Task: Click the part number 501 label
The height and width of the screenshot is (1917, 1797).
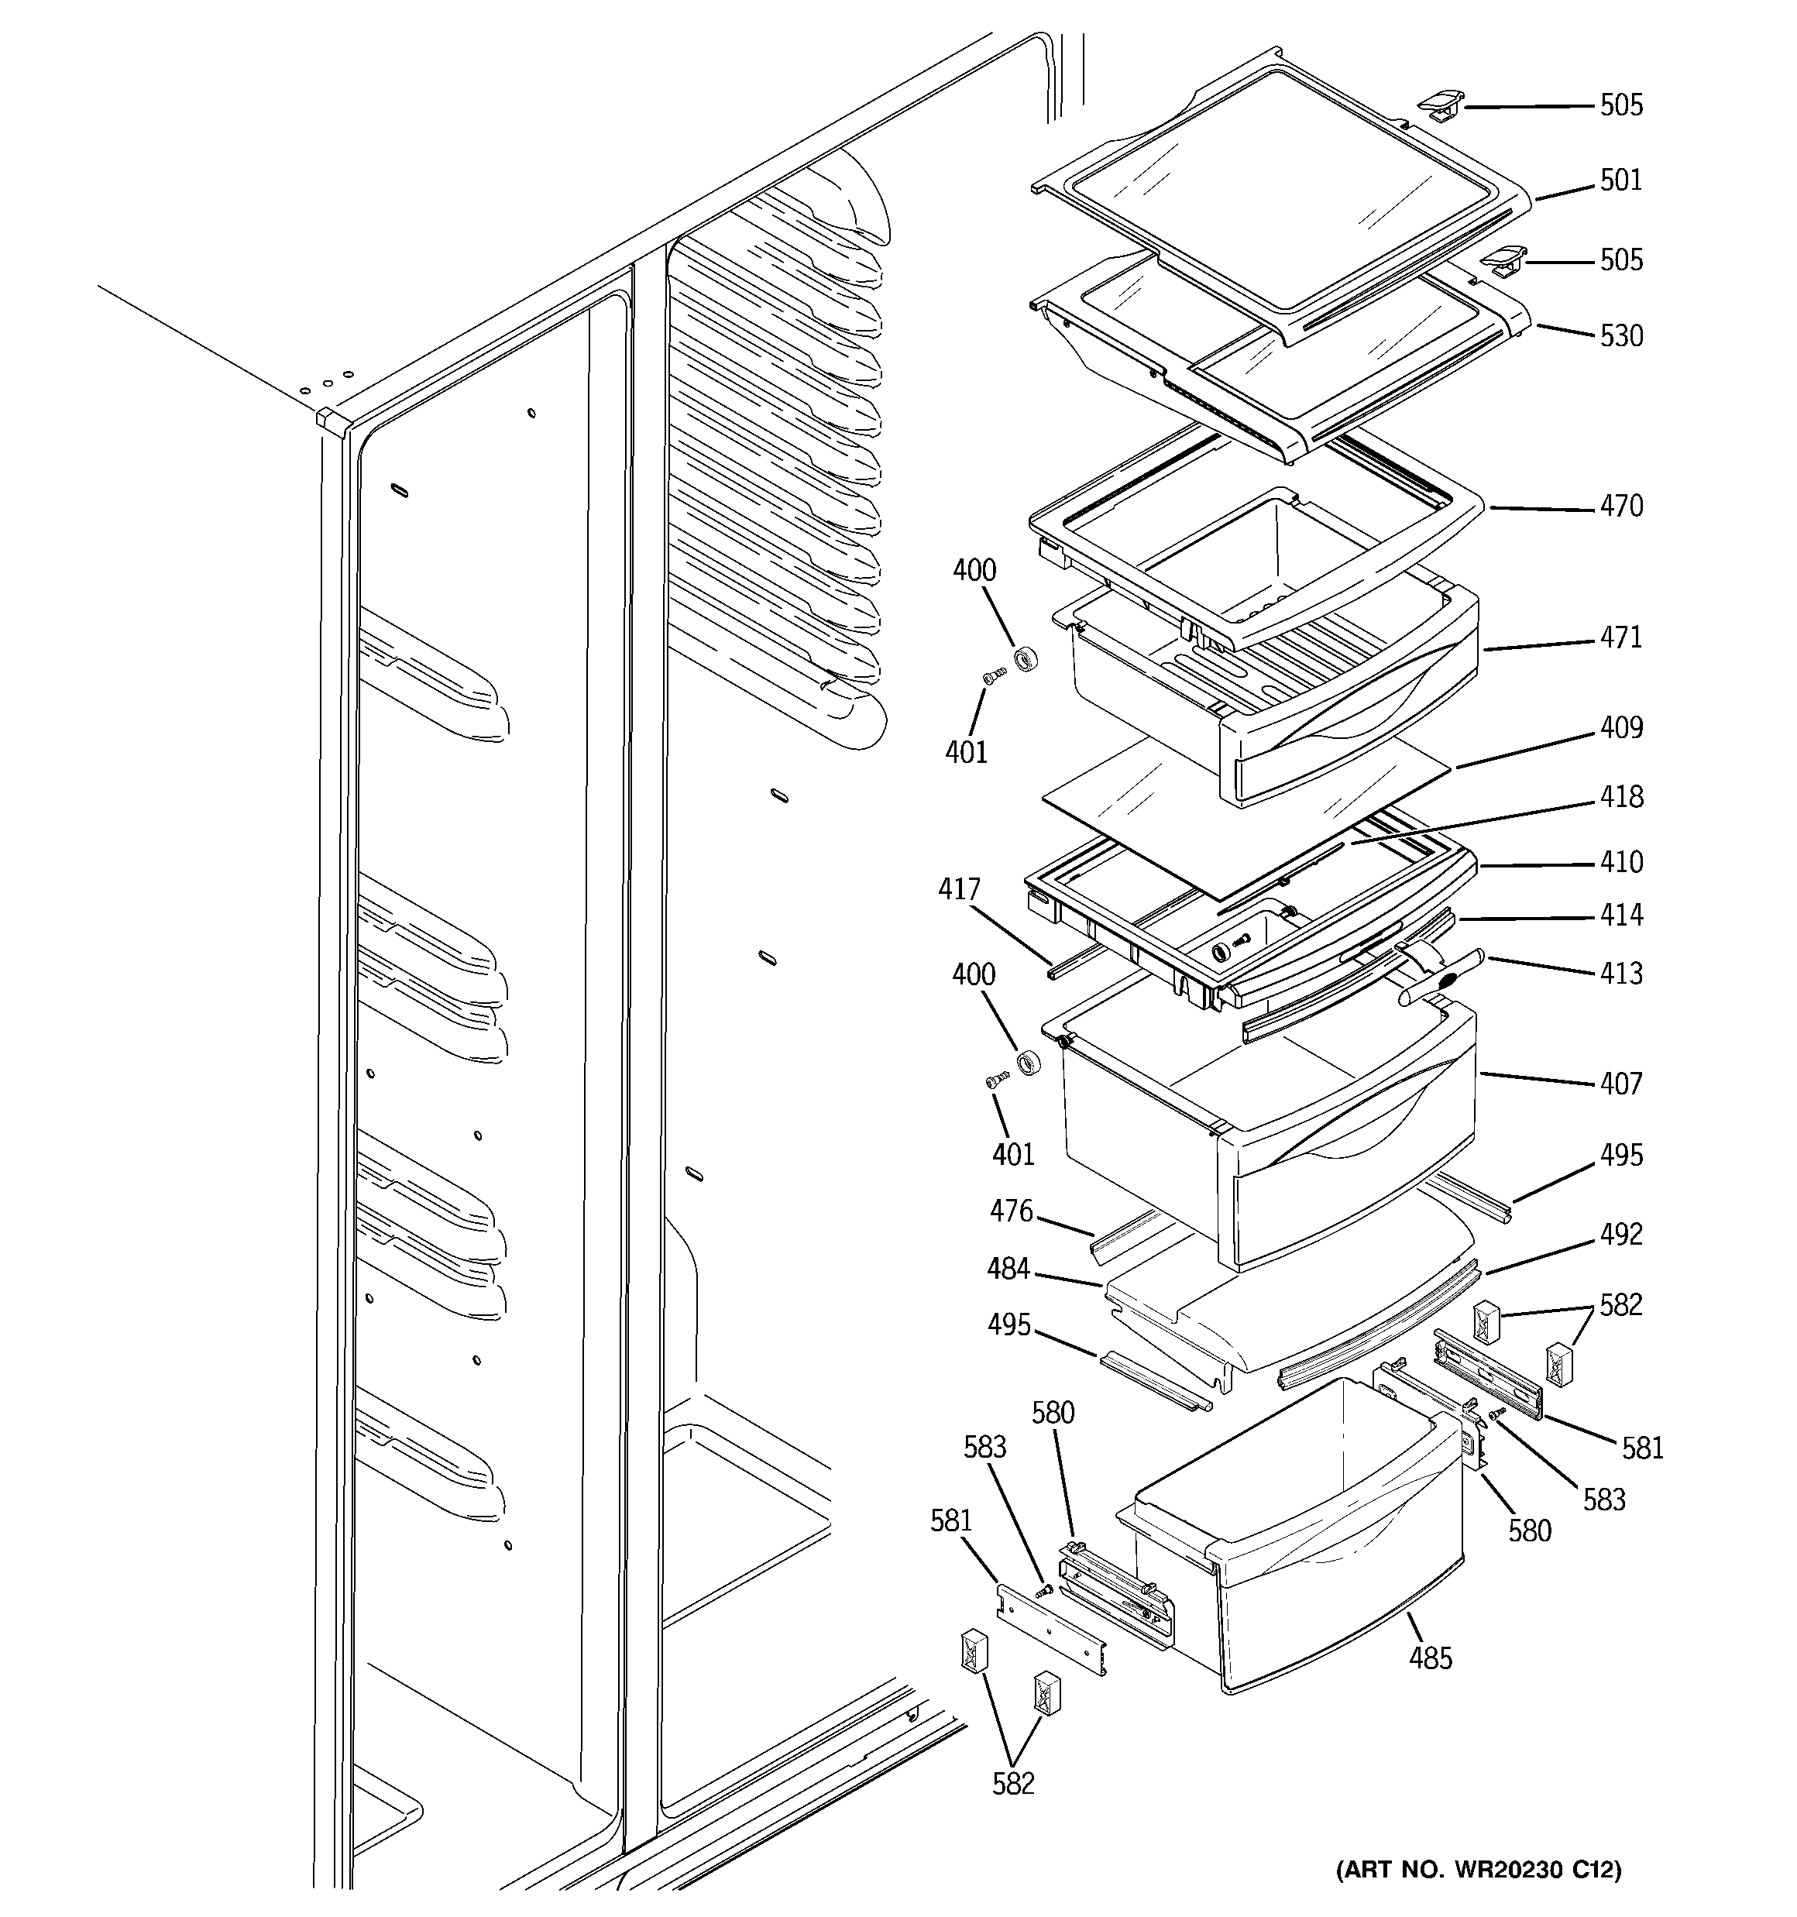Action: tap(1620, 180)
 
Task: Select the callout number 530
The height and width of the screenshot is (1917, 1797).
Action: tap(1620, 335)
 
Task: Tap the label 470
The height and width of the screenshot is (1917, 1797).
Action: tap(1620, 507)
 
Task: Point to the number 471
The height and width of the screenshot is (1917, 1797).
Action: tap(1620, 637)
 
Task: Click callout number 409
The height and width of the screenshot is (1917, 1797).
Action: tap(1620, 727)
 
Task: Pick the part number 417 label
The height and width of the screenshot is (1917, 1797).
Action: tap(959, 889)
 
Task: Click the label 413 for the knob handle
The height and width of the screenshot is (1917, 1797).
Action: tap(1620, 973)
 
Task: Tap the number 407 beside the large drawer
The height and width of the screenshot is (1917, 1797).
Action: tap(1620, 1084)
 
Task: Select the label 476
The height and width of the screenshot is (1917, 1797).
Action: tap(1011, 1211)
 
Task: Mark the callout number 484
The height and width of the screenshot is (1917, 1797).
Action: tap(1008, 1269)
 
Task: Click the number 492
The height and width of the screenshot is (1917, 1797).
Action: tap(1620, 1235)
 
